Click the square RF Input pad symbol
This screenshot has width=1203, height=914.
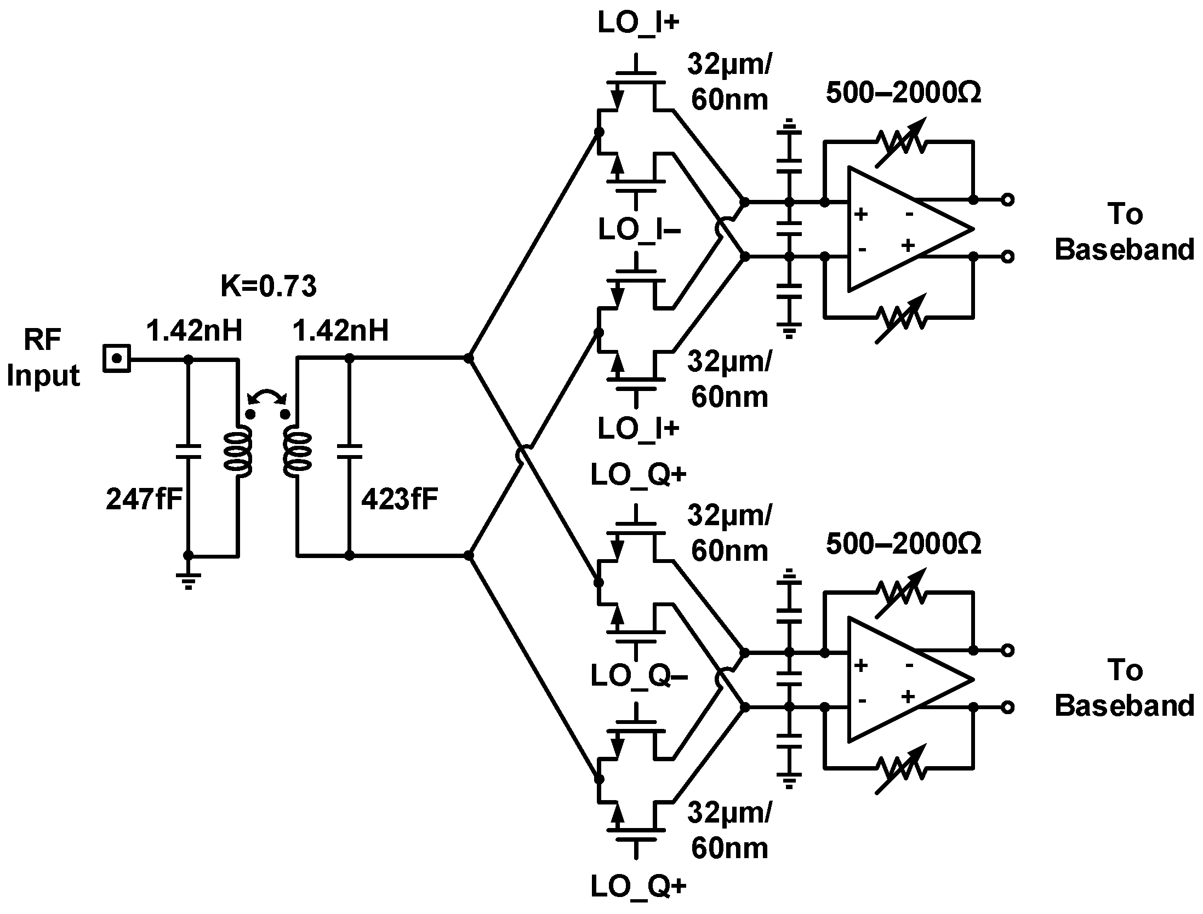point(116,359)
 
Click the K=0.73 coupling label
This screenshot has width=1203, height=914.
point(268,286)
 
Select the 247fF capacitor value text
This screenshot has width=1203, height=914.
point(144,499)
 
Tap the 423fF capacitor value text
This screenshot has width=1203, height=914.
point(400,499)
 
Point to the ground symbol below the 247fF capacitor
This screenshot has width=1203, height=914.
point(188,580)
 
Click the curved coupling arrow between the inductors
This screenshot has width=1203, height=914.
point(267,395)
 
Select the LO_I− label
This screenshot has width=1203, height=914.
point(639,229)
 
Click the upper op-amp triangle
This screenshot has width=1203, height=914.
point(899,228)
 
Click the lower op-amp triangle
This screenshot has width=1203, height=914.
point(899,679)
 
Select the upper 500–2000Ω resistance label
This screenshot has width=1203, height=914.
point(903,93)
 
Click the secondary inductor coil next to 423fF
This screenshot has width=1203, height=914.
point(298,452)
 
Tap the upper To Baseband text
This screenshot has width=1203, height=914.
point(1124,231)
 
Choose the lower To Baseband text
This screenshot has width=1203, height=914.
point(1124,687)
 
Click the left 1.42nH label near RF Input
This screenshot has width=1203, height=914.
point(194,331)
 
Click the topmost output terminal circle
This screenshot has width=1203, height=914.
point(1007,200)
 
